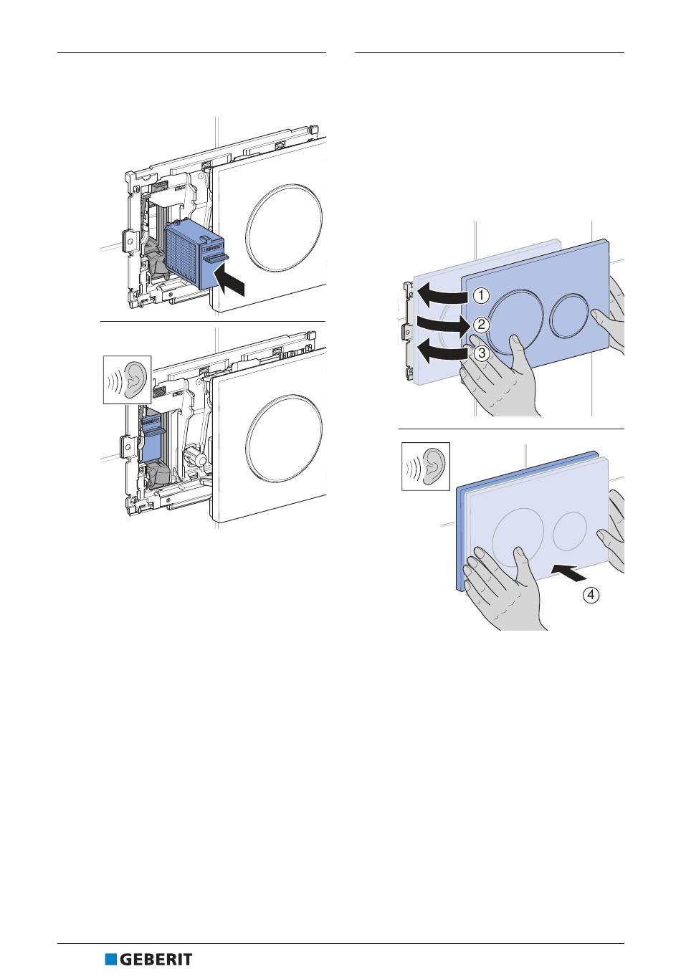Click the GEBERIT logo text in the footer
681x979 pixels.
[155, 960]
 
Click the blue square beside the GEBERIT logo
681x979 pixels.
[110, 960]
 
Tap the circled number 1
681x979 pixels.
[482, 295]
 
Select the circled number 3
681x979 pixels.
[482, 353]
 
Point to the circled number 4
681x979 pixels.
[591, 594]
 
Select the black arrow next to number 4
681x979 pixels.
[573, 572]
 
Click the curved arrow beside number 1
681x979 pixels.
[441, 293]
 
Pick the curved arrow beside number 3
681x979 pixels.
[439, 353]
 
